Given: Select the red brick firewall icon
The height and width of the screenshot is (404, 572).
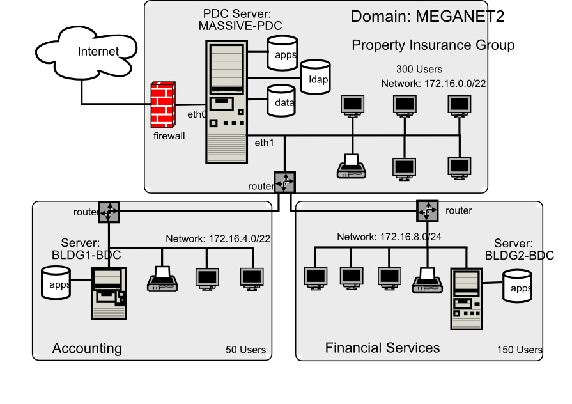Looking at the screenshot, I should point(163,105).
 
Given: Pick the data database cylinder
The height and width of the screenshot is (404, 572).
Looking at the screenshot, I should point(281,101).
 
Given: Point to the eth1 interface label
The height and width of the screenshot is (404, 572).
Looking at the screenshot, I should point(264,143).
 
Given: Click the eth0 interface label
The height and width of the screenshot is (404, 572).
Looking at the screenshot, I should point(196,115).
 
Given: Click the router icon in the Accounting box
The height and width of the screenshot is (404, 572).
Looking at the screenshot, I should point(109,212).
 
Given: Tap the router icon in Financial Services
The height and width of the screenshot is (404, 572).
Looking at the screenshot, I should point(428,210).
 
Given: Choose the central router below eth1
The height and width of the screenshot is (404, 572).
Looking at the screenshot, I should point(284,183).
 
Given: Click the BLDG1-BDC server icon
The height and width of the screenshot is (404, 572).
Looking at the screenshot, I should point(108,293).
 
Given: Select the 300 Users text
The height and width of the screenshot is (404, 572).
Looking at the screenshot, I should point(419,69).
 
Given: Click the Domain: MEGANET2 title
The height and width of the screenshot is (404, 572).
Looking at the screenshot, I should point(428,17).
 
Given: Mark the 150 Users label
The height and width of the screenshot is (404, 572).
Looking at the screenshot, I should point(520,350).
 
